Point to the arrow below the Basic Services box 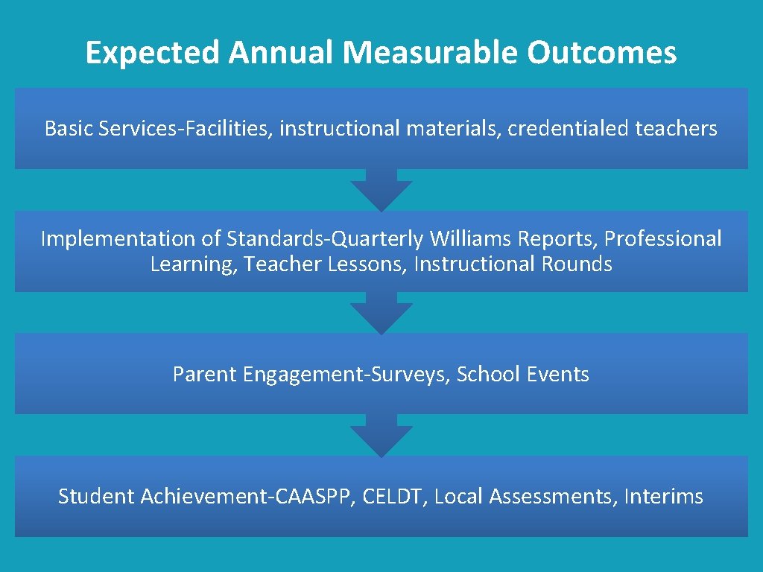point(381,191)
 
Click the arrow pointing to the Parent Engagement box point(381,314)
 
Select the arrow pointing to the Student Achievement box point(381,436)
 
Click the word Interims point(663,497)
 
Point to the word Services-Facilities point(174,129)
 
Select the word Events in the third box point(557,375)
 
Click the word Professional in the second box point(662,239)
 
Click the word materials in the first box point(452,129)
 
